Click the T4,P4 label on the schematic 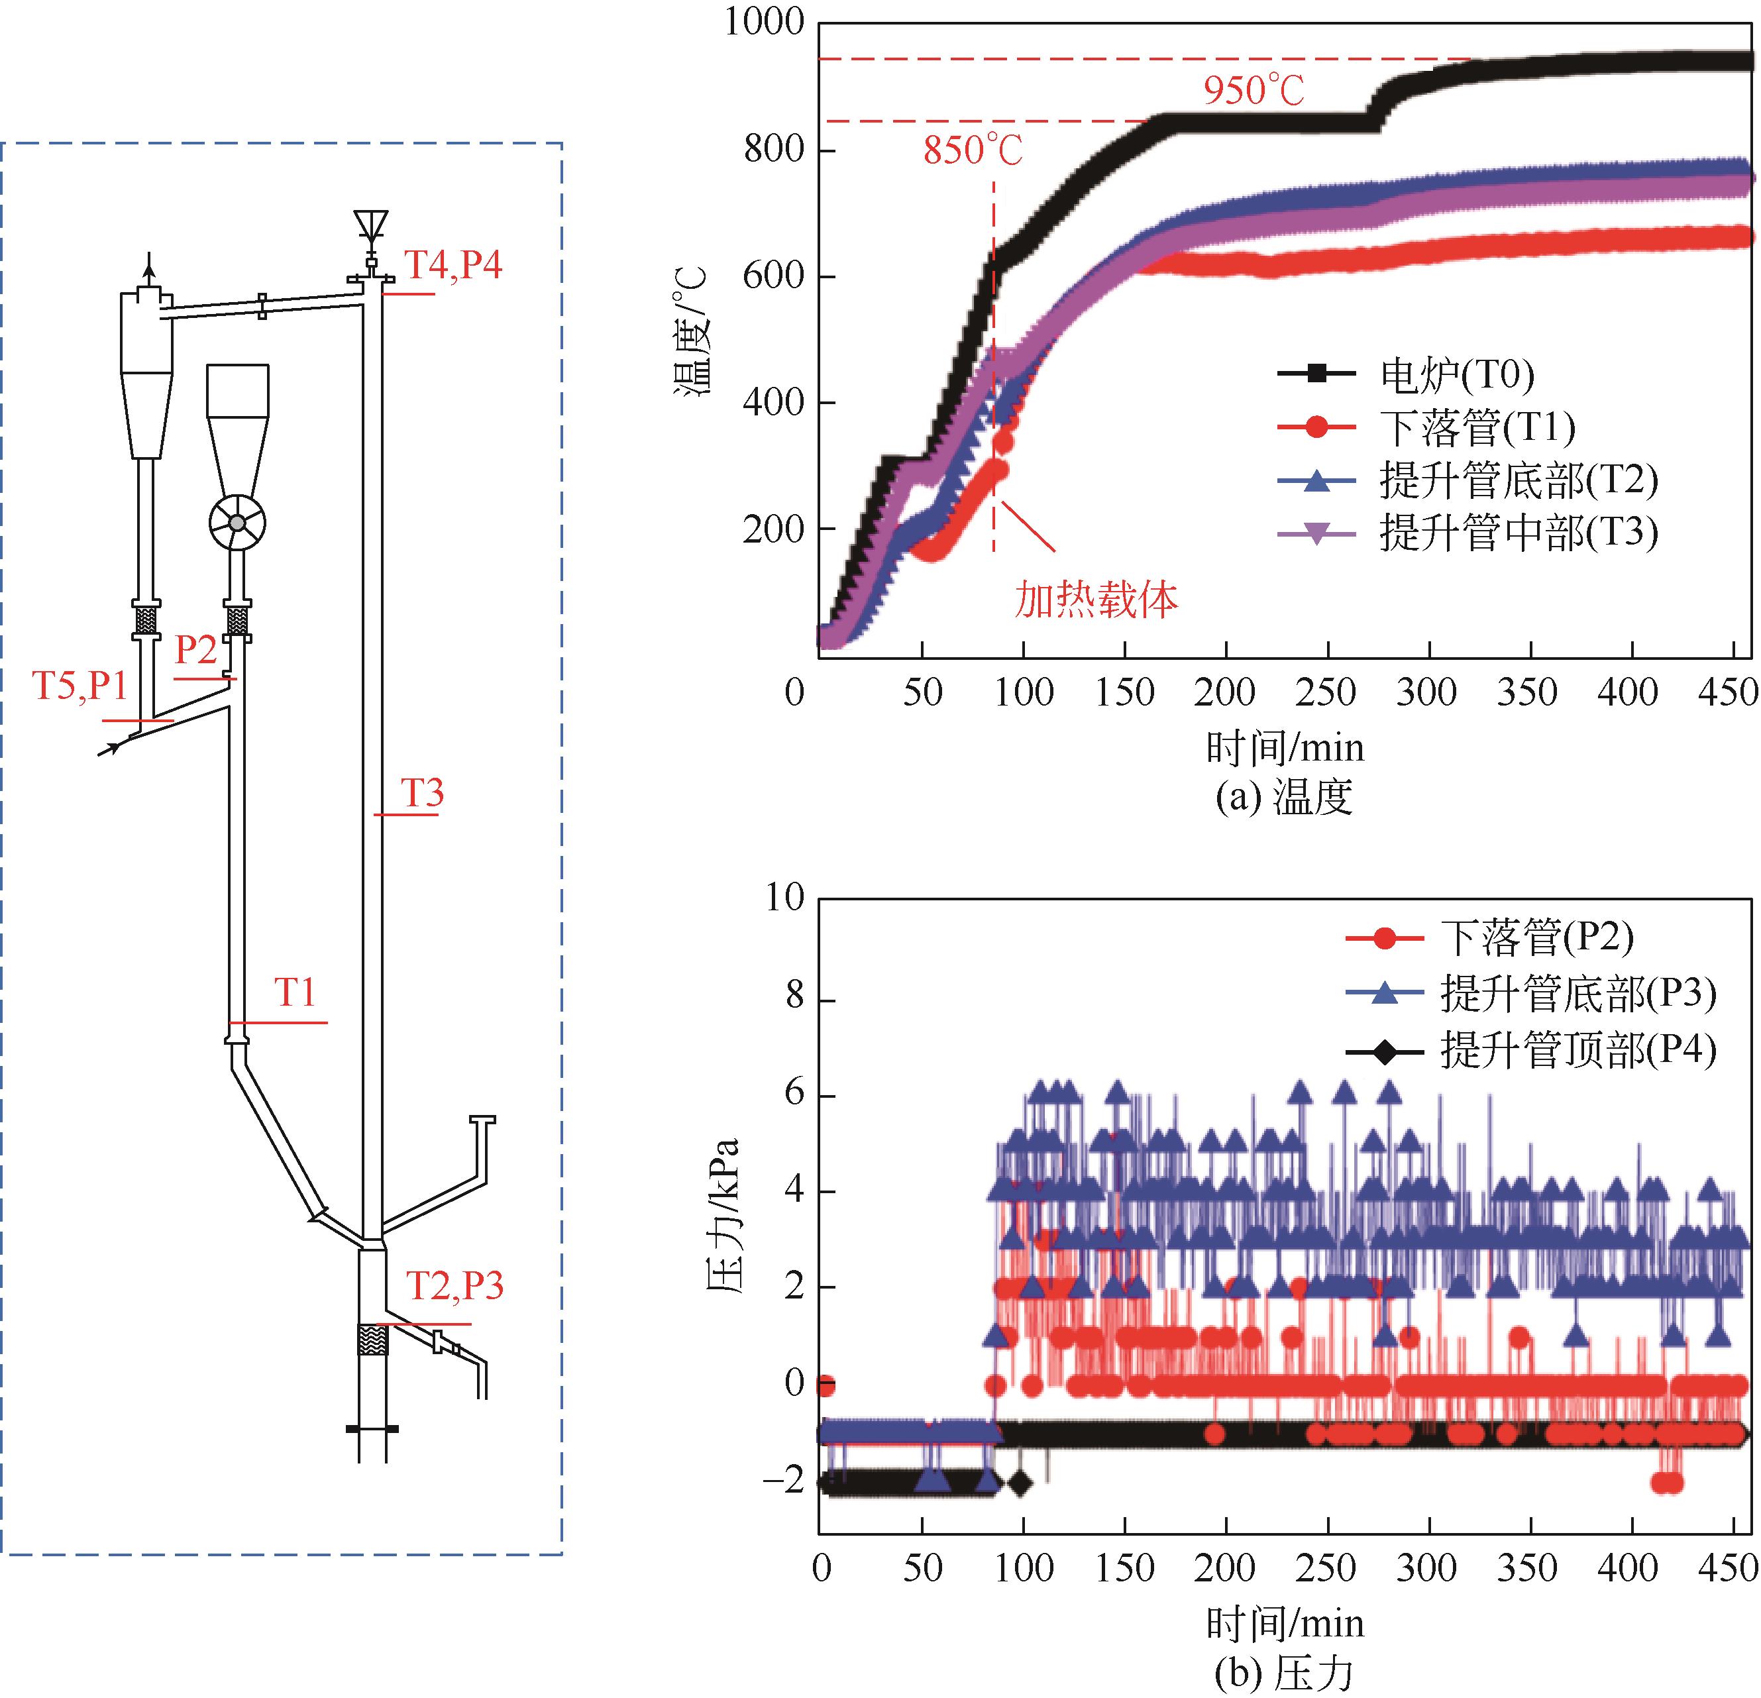click(453, 266)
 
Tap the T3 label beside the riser click(421, 793)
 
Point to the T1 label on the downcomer click(295, 992)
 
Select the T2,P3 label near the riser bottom click(454, 1287)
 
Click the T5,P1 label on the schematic click(80, 686)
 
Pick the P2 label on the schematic click(196, 649)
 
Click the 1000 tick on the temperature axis click(765, 23)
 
